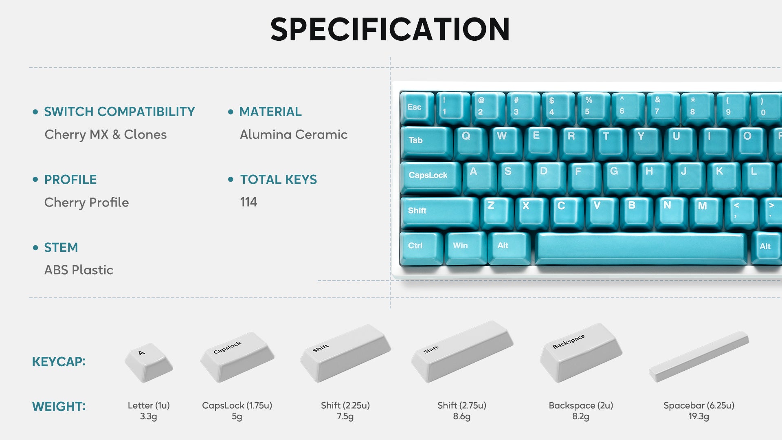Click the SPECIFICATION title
click(390, 29)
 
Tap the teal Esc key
click(417, 108)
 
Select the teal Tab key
click(426, 142)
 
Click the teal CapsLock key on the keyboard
click(431, 178)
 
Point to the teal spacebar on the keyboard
click(641, 248)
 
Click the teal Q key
click(470, 143)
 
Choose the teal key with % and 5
click(593, 108)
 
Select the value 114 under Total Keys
click(248, 202)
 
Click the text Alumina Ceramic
click(294, 134)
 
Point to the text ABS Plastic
click(79, 270)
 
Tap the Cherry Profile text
click(86, 202)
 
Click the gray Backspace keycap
click(580, 352)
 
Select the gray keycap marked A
click(149, 362)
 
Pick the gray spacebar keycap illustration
click(699, 356)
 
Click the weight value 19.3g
click(699, 416)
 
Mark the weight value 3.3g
click(149, 416)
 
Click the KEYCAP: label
click(59, 362)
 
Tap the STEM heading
click(61, 247)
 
